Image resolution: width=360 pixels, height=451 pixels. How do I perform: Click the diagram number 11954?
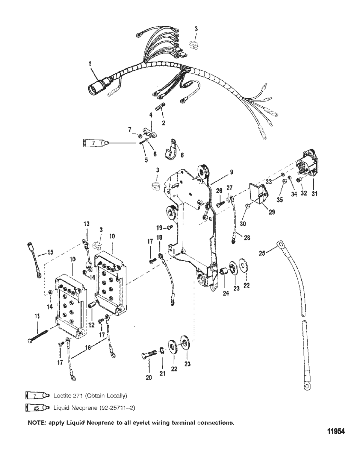pyautogui.click(x=336, y=431)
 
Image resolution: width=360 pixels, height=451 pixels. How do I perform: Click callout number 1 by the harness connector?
pyautogui.click(x=90, y=64)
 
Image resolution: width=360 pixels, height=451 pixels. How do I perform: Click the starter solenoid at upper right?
pyautogui.click(x=307, y=164)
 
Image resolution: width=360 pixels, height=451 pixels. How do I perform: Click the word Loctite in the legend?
pyautogui.click(x=61, y=395)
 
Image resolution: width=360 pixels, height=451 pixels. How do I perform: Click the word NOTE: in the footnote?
pyautogui.click(x=37, y=423)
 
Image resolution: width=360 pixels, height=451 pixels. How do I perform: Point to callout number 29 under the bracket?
pyautogui.click(x=272, y=212)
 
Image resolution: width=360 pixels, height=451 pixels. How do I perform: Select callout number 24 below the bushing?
pyautogui.click(x=226, y=293)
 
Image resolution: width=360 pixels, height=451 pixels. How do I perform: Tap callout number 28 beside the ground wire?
pyautogui.click(x=247, y=238)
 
